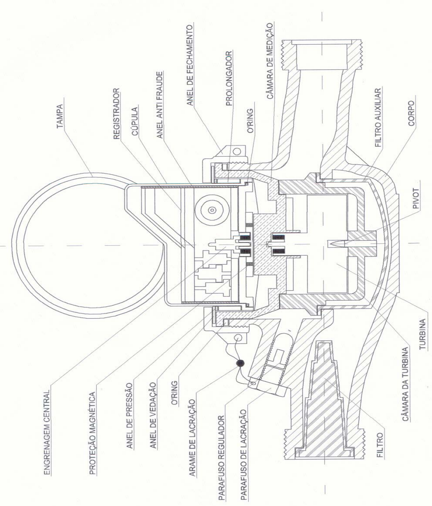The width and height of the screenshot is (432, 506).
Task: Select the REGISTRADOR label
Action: [117, 113]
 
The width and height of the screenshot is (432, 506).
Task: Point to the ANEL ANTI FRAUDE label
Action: [159, 105]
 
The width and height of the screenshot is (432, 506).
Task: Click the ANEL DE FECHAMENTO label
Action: [190, 65]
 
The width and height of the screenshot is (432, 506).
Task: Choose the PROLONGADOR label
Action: [228, 78]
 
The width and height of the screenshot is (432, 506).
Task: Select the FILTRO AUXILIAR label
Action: [378, 118]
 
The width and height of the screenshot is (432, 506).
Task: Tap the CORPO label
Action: [412, 113]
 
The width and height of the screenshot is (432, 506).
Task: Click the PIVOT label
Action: [416, 198]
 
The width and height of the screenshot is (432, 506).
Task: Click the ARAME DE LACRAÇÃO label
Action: [193, 427]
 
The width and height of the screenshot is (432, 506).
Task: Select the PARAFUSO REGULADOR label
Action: [222, 446]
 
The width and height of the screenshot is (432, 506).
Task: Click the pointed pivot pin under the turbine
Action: [337, 244]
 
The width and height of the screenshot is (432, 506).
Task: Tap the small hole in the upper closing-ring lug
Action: [236, 151]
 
